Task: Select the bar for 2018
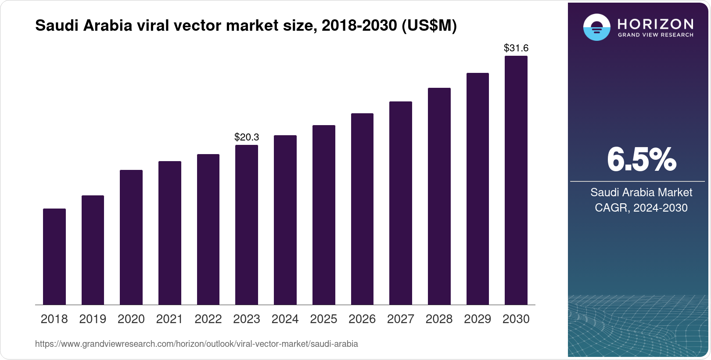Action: (x=54, y=256)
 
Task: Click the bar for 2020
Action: (x=131, y=237)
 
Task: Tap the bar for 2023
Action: (x=247, y=225)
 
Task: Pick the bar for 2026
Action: (x=362, y=209)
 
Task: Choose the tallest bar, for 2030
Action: (x=516, y=180)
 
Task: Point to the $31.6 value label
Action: (x=516, y=48)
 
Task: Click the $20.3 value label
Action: (x=247, y=137)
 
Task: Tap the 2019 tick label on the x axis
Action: (x=93, y=319)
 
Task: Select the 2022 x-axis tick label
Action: (x=208, y=319)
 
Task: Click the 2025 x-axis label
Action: (x=323, y=319)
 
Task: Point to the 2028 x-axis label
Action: (x=439, y=319)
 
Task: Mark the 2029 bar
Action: (x=478, y=189)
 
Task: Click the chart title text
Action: (x=246, y=26)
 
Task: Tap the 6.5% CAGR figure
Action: (x=641, y=160)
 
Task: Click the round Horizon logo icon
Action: (x=596, y=27)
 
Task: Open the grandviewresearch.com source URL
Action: (x=196, y=344)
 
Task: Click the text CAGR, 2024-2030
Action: (x=641, y=208)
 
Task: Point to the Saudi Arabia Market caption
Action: (x=641, y=192)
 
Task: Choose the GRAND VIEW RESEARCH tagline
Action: (x=656, y=35)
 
